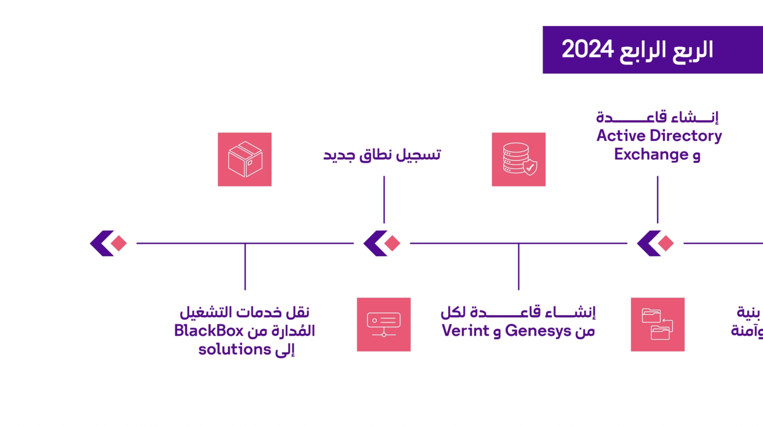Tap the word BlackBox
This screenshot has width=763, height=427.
pos(209,331)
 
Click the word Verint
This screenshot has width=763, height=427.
pos(465,331)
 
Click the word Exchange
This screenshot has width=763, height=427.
pos(651,154)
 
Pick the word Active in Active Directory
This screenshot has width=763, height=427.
pos(621,136)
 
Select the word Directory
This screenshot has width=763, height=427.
pos(686,136)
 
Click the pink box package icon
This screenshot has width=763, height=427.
pos(245,159)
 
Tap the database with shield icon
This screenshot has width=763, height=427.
pos(519,159)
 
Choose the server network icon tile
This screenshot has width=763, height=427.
pos(383,325)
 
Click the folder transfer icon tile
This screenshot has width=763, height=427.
pos(658,325)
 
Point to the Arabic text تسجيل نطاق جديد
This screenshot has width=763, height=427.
pos(382,155)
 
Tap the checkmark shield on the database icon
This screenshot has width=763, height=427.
pos(530,168)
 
